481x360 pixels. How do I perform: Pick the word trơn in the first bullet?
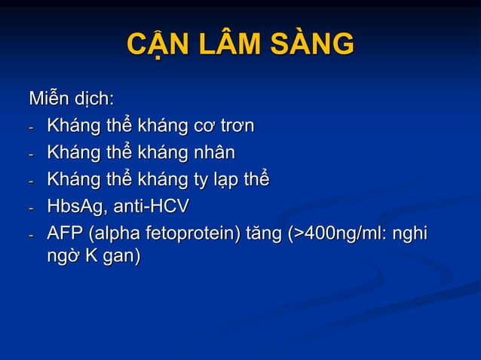point(233,126)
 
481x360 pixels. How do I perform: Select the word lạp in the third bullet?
point(226,180)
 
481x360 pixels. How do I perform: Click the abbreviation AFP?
point(64,233)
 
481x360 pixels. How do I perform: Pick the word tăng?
point(265,234)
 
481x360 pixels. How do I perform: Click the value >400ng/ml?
point(342,234)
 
